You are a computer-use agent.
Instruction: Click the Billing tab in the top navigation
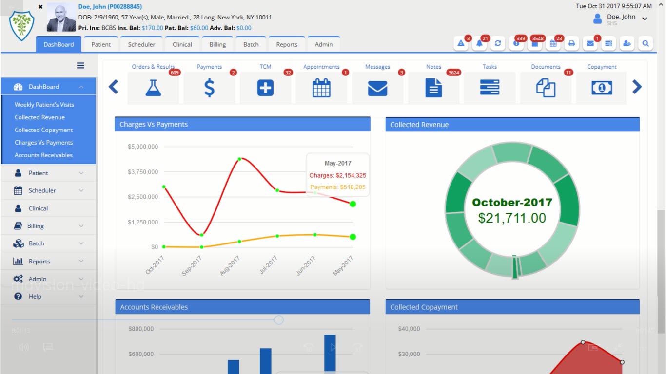217,44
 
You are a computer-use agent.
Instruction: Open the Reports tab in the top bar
287,44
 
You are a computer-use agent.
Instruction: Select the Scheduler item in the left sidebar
42,190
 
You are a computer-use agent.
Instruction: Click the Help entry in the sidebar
35,296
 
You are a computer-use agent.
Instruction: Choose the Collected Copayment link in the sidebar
43,130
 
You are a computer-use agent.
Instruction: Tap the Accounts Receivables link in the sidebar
43,155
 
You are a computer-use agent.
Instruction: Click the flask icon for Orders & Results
153,88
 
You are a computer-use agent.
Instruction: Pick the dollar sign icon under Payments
209,88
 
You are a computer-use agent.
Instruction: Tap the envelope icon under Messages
377,88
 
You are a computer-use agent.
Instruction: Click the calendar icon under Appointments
321,88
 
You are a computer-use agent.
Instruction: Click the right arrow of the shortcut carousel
637,87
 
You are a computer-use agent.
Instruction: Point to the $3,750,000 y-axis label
142,172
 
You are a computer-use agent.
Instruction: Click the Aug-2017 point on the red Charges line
239,159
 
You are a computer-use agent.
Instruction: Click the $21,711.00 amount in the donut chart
512,218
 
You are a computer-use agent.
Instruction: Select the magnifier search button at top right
646,43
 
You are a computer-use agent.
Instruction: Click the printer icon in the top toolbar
571,43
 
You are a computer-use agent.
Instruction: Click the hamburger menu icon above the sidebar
80,66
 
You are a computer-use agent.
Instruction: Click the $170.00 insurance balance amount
152,28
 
